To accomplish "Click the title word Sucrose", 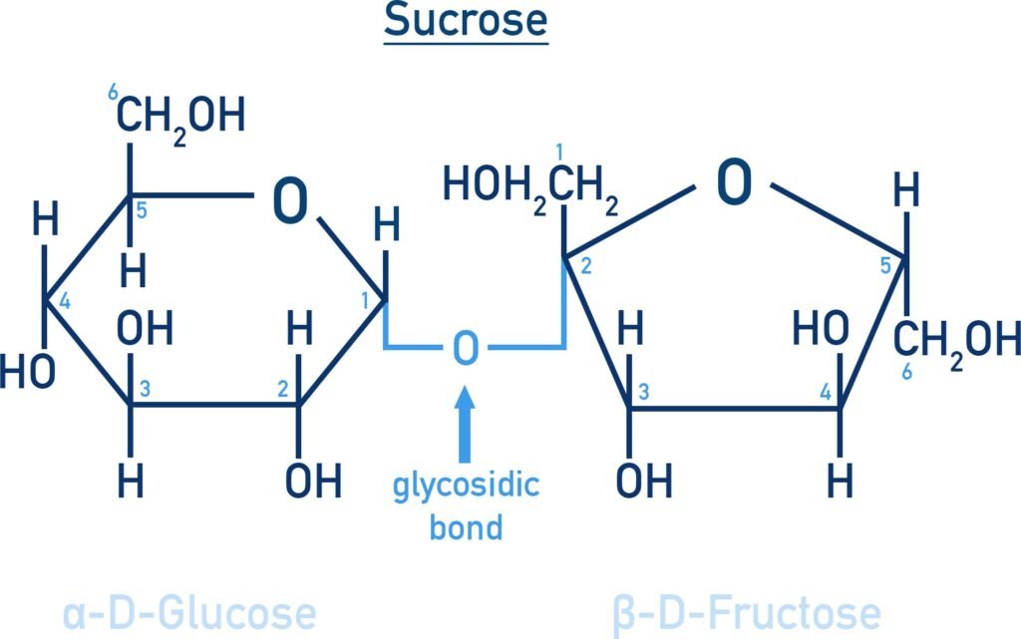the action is [466, 20].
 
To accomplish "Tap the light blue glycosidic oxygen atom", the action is [465, 348].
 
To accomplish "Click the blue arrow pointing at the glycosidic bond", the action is [465, 424].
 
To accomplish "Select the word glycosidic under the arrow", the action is [466, 485].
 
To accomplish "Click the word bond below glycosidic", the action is [466, 527].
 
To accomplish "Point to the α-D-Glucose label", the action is [189, 614].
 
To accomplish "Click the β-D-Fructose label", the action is [747, 615].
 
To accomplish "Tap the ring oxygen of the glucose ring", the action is [290, 201].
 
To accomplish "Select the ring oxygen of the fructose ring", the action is [734, 182].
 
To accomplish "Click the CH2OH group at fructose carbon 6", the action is [956, 342].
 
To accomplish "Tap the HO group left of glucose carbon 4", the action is [27, 372].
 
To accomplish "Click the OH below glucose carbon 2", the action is [313, 481].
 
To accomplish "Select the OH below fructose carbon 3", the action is [644, 481].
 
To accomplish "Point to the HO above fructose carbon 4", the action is [821, 327].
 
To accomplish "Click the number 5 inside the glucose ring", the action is [142, 210].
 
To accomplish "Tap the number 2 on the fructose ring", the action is [585, 265].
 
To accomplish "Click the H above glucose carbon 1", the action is [386, 226].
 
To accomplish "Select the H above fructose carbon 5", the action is [905, 190].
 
